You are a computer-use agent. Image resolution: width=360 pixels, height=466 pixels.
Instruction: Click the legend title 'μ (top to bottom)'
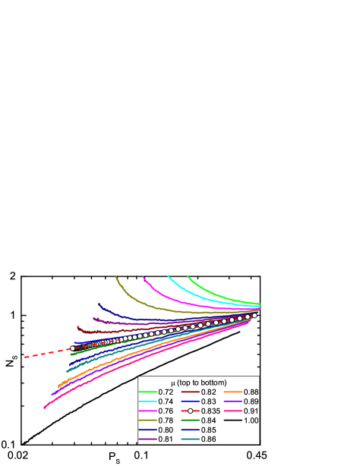[198, 382]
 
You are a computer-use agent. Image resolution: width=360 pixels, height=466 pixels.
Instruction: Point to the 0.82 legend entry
[209, 392]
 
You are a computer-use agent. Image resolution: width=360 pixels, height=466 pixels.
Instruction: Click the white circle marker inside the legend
[191, 411]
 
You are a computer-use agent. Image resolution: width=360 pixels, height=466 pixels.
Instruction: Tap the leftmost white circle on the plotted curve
[72, 348]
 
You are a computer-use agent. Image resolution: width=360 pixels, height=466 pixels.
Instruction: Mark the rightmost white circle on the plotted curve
[254, 316]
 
